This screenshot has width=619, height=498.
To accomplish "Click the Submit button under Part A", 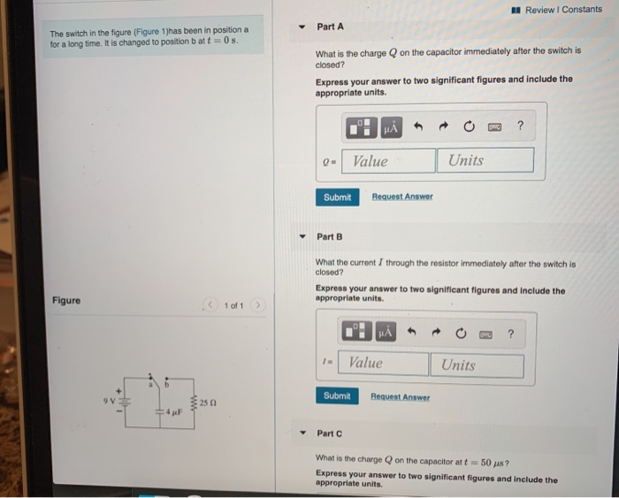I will (x=336, y=197).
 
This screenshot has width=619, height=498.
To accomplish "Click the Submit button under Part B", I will (x=336, y=396).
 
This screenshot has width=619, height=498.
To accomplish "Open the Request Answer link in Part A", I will (x=402, y=197).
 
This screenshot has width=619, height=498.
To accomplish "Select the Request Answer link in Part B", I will (x=400, y=397).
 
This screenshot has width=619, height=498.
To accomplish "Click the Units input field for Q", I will (x=485, y=160).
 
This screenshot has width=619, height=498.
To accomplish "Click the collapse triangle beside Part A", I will (x=302, y=27).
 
